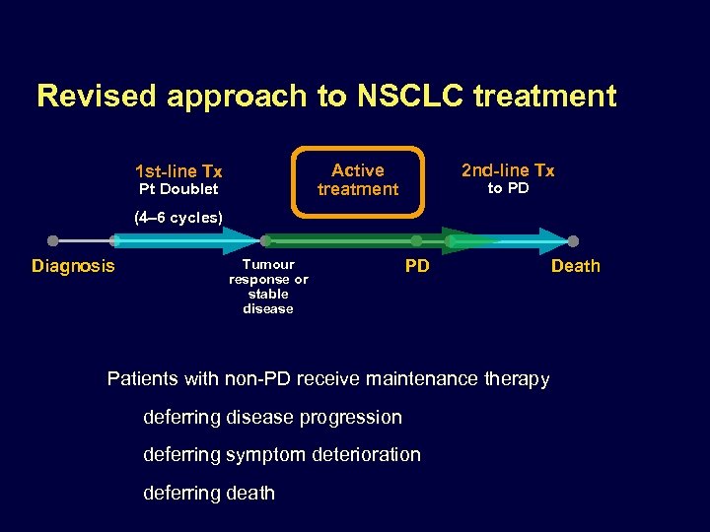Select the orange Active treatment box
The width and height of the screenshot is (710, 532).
358,180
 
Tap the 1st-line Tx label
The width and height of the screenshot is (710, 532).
178,171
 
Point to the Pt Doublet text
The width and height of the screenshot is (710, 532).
178,189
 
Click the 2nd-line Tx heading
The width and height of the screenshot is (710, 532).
508,170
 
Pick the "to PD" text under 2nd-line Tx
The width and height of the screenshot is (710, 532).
508,188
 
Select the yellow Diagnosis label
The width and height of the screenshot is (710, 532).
73,266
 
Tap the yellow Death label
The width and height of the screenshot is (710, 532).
575,266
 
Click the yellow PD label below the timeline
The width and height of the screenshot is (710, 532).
417,266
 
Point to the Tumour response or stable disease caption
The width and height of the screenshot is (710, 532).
268,286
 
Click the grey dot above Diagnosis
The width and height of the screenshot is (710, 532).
53,240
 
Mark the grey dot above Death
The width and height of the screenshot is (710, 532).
573,240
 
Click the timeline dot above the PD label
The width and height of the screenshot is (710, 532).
416,240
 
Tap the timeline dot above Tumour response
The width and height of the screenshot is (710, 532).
265,240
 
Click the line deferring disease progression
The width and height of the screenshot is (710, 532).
272,417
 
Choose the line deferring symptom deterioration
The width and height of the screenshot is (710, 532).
281,454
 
